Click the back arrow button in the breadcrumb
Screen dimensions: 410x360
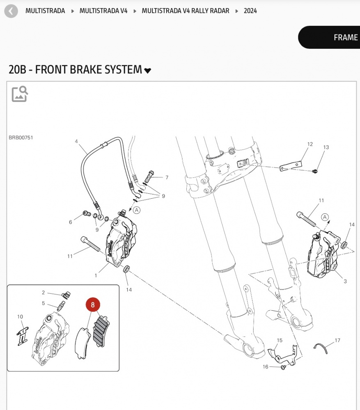point(11,11)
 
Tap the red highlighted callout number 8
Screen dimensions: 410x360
point(93,305)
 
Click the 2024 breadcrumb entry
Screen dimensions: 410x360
point(250,11)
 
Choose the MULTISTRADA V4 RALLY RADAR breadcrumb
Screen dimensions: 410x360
point(186,11)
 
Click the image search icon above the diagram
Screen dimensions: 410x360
point(20,94)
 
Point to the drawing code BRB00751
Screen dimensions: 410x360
point(21,137)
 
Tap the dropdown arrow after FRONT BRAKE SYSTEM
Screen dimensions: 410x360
point(148,71)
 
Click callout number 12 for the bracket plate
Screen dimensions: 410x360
point(310,144)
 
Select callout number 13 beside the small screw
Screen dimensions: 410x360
point(326,147)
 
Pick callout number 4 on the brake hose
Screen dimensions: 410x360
point(76,142)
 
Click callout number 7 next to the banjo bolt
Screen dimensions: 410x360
point(167,178)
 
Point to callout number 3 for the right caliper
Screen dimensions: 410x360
point(345,281)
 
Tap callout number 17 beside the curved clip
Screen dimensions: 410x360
point(337,340)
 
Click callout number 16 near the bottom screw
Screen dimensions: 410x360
point(265,366)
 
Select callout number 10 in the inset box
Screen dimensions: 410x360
point(20,317)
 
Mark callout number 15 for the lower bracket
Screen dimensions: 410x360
point(280,340)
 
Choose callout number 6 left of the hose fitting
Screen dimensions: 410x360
point(70,222)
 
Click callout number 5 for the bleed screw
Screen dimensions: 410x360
point(43,304)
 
